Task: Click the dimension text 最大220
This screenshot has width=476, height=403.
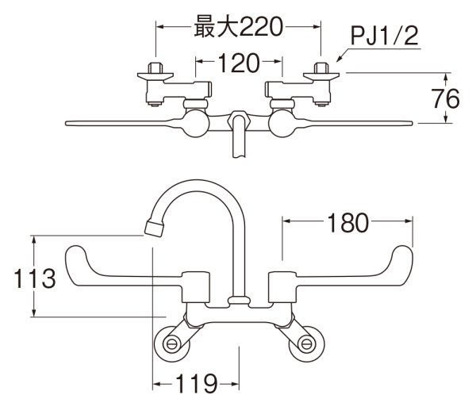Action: pos(239,28)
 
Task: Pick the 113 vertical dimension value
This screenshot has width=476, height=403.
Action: pos(33,278)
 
